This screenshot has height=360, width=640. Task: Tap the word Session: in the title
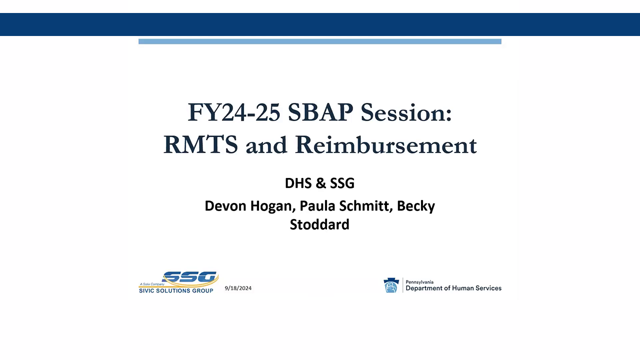[406, 112]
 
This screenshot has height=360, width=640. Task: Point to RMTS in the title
[200, 144]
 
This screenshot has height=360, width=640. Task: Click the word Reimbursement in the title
[385, 144]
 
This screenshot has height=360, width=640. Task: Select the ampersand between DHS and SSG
[320, 183]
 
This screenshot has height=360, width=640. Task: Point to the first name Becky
[416, 206]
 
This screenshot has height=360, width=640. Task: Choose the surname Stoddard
[319, 224]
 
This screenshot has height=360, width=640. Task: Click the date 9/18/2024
[238, 288]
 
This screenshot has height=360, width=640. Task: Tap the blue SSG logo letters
[190, 277]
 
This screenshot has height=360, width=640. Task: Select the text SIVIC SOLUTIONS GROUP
[176, 290]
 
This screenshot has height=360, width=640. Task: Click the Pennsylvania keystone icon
[391, 285]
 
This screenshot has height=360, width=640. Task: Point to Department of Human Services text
[453, 288]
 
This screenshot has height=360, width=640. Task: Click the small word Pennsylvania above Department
[419, 281]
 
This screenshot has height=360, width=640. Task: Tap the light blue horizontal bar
[319, 41]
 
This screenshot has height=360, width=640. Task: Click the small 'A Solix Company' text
[151, 284]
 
